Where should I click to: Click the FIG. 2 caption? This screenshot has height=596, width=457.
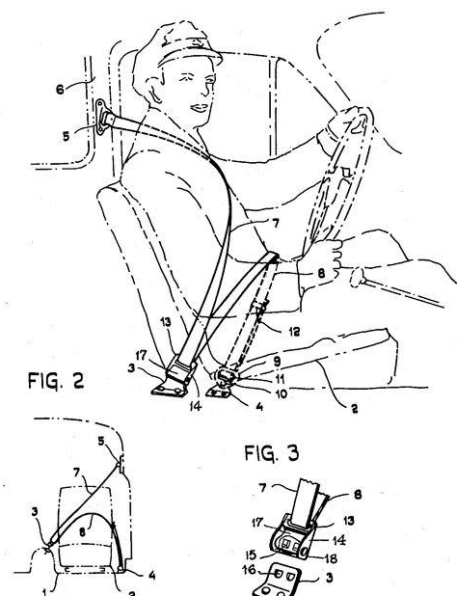pyautogui.click(x=56, y=381)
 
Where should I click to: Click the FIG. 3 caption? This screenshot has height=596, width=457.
pyautogui.click(x=271, y=453)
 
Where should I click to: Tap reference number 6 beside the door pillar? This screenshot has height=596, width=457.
pyautogui.click(x=60, y=90)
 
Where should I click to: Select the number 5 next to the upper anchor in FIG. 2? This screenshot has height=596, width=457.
pyautogui.click(x=67, y=136)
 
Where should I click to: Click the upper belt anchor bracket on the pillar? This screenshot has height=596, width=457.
pyautogui.click(x=101, y=117)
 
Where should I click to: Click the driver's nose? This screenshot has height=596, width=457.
pyautogui.click(x=205, y=91)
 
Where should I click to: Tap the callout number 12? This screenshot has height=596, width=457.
pyautogui.click(x=292, y=332)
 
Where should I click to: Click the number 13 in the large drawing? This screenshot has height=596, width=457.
pyautogui.click(x=166, y=322)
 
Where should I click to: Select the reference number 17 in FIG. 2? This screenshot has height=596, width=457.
pyautogui.click(x=141, y=356)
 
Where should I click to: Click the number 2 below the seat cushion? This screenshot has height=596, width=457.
pyautogui.click(x=354, y=409)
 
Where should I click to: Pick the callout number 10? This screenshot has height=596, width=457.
pyautogui.click(x=281, y=393)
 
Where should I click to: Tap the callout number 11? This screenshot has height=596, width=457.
pyautogui.click(x=279, y=379)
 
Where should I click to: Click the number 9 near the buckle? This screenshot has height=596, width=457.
pyautogui.click(x=276, y=362)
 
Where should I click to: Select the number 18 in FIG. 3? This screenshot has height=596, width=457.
pyautogui.click(x=329, y=558)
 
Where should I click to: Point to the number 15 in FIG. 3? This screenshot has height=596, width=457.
pyautogui.click(x=251, y=555)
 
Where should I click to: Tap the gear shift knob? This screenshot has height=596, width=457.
pyautogui.click(x=357, y=277)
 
